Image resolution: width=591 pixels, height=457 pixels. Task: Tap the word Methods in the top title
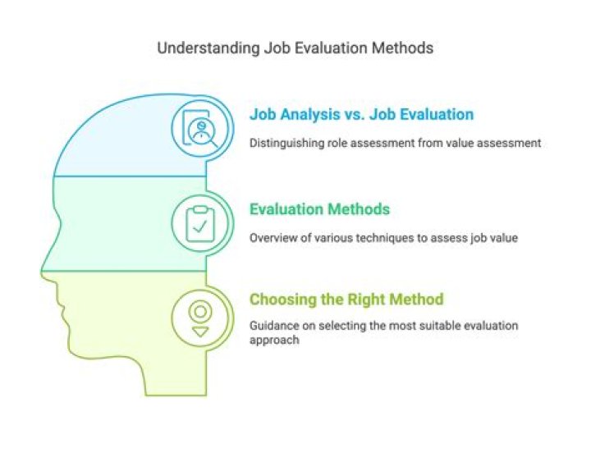[402, 48]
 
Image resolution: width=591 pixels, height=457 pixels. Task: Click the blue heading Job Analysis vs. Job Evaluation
[361, 114]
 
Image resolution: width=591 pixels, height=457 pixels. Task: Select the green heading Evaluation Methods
[319, 209]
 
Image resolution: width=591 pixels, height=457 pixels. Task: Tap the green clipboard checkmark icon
[197, 223]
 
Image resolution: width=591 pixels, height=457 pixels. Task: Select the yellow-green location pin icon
[197, 317]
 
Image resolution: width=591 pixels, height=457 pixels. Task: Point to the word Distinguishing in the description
[286, 143]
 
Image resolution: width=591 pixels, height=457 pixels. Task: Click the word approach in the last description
[273, 339]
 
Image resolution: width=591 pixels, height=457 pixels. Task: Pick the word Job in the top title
[276, 48]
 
